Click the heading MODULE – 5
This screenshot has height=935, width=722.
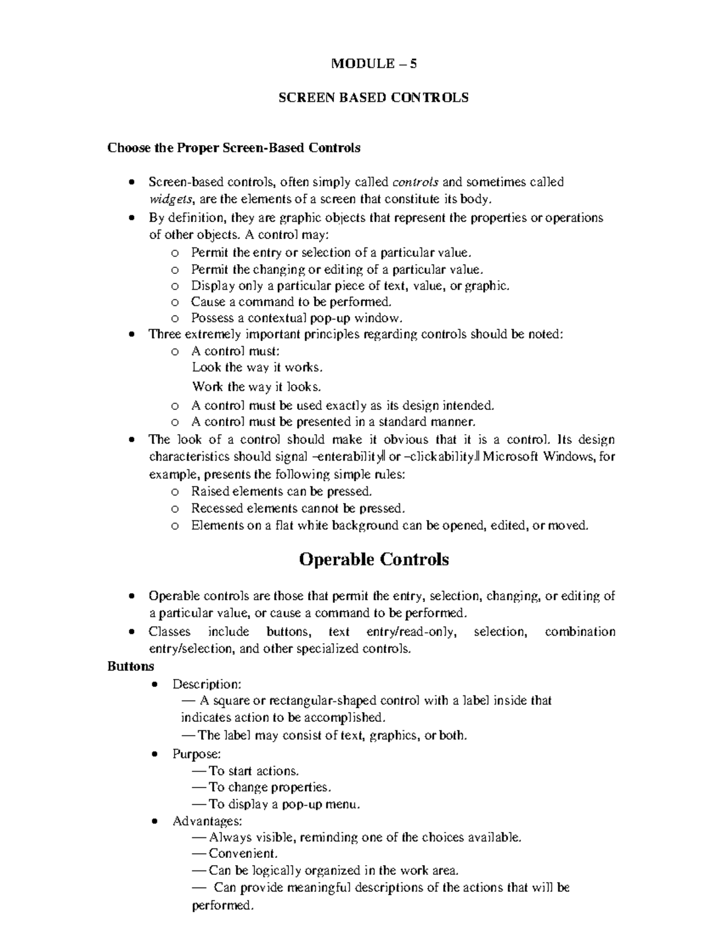click(374, 63)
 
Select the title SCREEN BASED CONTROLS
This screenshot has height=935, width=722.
click(373, 98)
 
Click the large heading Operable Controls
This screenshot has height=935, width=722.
click(374, 559)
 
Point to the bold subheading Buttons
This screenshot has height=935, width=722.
click(131, 666)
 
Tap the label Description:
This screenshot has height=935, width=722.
click(207, 684)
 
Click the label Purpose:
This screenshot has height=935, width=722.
click(197, 754)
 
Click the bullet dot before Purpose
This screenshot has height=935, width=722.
click(156, 754)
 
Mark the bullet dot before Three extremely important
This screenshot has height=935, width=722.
click(132, 335)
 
